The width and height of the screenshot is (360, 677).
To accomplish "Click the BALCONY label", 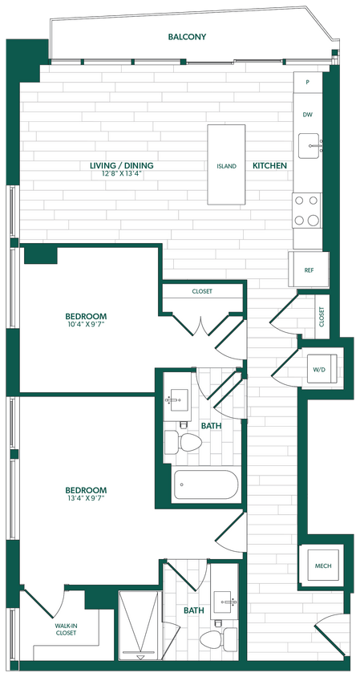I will point(188,37).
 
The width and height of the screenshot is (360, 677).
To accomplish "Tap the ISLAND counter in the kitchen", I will point(227,165).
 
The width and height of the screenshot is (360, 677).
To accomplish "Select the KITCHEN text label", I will point(270,166).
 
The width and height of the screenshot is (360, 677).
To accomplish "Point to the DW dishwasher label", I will point(307,115).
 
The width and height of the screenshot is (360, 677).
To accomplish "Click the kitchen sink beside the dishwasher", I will point(309,146).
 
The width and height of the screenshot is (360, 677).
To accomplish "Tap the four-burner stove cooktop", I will point(306,211).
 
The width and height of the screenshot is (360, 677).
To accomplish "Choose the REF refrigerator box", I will point(309,270).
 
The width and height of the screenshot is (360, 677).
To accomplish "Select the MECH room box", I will point(323,566).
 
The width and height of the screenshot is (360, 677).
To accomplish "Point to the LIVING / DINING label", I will point(122,166).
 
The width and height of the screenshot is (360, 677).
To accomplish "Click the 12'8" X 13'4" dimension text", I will point(122,175).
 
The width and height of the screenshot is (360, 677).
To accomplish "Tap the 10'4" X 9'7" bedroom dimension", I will point(87,326).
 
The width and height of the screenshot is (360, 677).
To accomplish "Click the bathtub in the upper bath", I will point(206,484).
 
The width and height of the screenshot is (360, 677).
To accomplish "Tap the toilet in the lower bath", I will point(216,638).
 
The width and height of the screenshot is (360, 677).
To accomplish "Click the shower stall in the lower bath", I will point(141,625).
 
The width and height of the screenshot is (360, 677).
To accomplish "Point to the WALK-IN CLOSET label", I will point(66,630).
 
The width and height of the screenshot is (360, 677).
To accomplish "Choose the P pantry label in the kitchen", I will point(307,82).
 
